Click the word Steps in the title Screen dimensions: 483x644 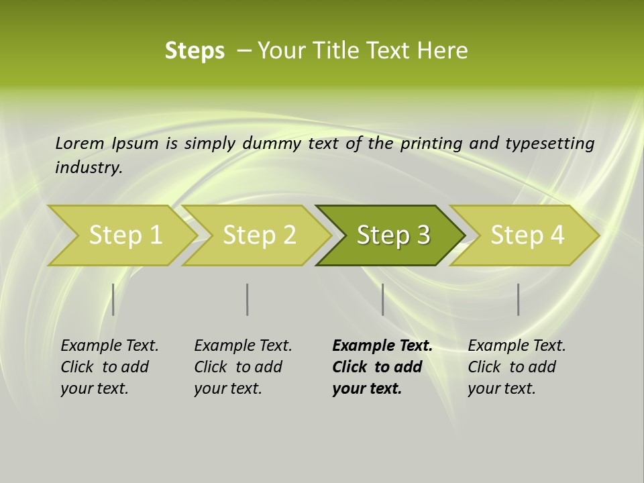click(x=195, y=51)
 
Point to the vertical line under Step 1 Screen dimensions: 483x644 click(x=113, y=299)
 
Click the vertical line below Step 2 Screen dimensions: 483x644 click(x=248, y=299)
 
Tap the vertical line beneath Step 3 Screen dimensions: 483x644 click(x=382, y=299)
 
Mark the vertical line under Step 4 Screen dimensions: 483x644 click(x=518, y=299)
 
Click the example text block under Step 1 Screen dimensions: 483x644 click(x=109, y=367)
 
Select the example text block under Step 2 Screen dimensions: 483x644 click(x=243, y=367)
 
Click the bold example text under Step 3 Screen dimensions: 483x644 click(x=382, y=367)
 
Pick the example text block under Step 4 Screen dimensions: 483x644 click(x=517, y=367)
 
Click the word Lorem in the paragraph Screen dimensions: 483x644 click(x=80, y=144)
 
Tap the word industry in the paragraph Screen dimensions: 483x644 click(x=89, y=168)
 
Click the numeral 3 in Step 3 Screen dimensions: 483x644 click(x=423, y=235)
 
